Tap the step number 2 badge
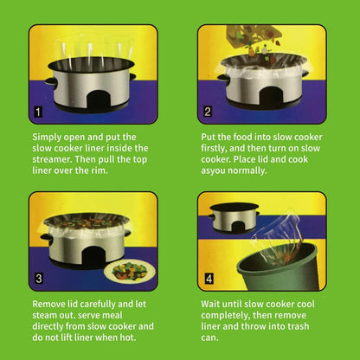[x=207, y=112]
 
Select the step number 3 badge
[x=37, y=279]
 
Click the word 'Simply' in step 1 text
[x=48, y=137]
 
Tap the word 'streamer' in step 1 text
[x=59, y=159]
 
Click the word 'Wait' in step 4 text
[x=213, y=305]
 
